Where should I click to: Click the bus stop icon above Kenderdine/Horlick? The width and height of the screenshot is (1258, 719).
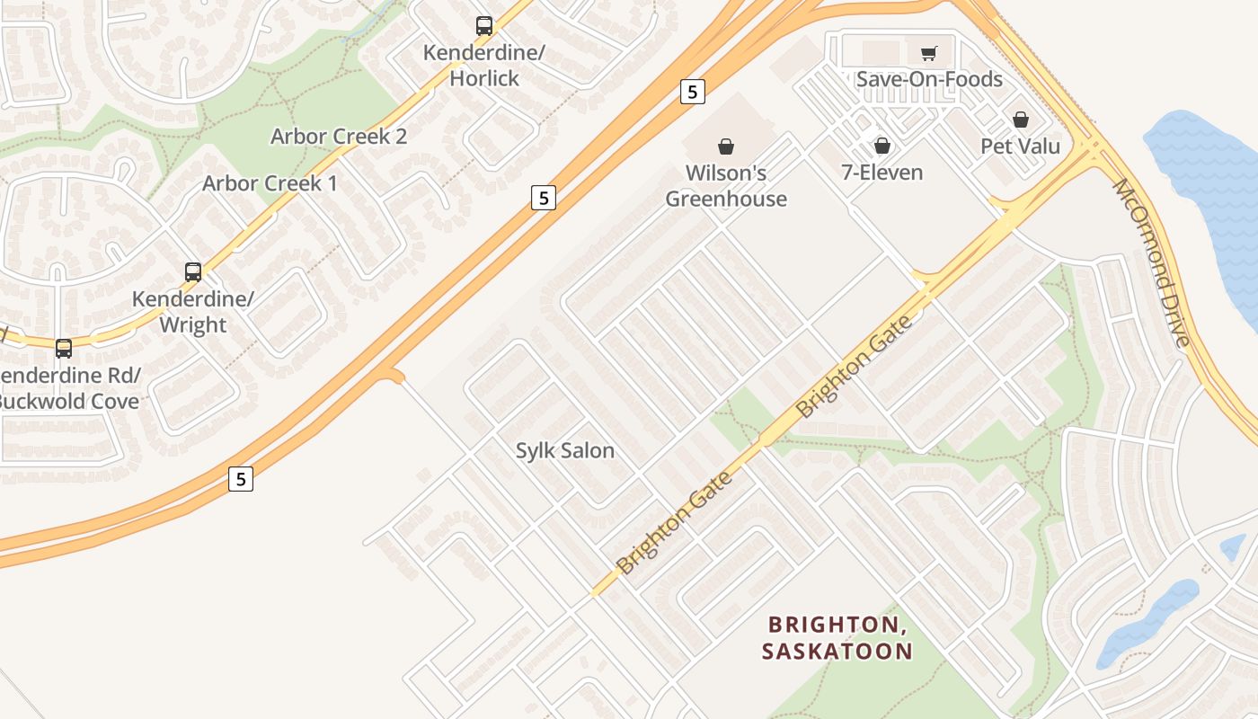[484, 26]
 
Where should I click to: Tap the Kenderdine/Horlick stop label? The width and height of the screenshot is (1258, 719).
[484, 66]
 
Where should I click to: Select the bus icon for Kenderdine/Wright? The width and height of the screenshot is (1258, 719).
[193, 271]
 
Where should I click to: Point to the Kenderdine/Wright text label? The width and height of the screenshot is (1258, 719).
[193, 311]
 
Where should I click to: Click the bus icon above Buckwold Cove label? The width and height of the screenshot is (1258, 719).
[64, 348]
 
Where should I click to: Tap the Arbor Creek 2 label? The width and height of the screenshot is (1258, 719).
[339, 137]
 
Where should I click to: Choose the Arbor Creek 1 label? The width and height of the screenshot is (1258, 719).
[270, 183]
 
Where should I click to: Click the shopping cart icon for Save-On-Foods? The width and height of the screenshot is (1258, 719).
[928, 54]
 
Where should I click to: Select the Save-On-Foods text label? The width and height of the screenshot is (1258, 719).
[929, 79]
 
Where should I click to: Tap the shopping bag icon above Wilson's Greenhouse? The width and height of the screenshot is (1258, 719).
[726, 146]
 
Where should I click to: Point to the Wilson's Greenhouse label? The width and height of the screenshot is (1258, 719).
[726, 185]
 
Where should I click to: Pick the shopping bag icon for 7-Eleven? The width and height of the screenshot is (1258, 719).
[882, 146]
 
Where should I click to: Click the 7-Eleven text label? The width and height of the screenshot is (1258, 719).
[882, 172]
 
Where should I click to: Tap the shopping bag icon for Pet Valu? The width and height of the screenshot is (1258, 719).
[1021, 120]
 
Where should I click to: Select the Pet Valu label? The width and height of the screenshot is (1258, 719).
[1021, 146]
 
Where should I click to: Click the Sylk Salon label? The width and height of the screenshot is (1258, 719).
[565, 450]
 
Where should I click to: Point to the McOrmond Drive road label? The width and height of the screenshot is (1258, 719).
[1152, 262]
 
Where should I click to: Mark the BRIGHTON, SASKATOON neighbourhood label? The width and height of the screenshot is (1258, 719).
[837, 637]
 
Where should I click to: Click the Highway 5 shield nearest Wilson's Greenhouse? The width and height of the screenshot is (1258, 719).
[692, 92]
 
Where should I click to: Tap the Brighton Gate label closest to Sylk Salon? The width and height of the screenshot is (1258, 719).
[675, 522]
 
